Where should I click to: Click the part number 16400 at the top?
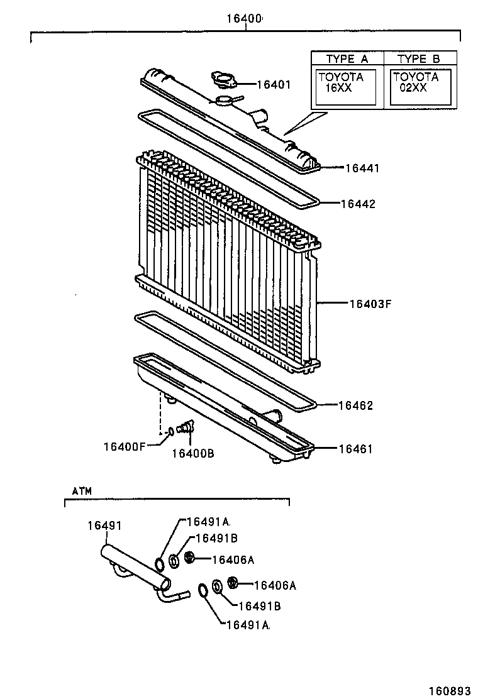(x=244, y=19)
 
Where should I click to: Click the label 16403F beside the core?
(x=370, y=304)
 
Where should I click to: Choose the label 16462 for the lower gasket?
(x=355, y=405)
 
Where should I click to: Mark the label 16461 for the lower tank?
(x=355, y=449)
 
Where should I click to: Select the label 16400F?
(x=125, y=447)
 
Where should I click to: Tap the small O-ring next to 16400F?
(x=170, y=432)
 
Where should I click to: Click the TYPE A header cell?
(x=347, y=58)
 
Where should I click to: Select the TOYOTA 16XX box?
(x=346, y=87)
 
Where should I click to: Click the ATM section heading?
(x=82, y=491)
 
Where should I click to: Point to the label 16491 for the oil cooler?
(x=104, y=526)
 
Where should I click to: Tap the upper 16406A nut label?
(x=232, y=559)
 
